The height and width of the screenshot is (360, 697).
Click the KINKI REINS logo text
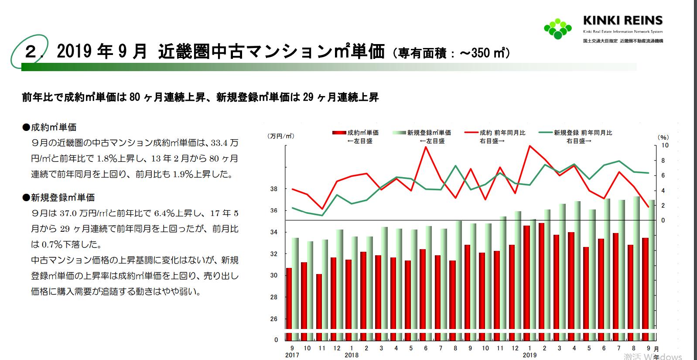tap(622, 21)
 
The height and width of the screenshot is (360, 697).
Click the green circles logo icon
tap(557, 28)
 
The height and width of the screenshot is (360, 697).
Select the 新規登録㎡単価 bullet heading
tap(58, 198)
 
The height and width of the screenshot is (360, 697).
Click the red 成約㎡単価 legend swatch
tap(339, 133)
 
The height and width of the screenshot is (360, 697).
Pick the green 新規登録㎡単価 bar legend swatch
tap(400, 133)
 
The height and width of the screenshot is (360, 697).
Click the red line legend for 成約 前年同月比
tap(472, 133)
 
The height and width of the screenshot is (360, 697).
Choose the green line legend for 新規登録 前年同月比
tap(546, 133)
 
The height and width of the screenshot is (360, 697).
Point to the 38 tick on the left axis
tap(274, 189)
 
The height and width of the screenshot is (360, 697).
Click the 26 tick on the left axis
tap(274, 319)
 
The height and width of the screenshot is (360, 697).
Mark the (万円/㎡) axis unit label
tap(281, 136)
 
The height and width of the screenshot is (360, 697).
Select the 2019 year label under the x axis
tap(530, 355)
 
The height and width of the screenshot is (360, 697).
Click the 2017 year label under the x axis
tap(292, 355)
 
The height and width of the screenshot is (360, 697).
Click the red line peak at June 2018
tap(425, 147)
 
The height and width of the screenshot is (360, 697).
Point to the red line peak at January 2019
tap(530, 146)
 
